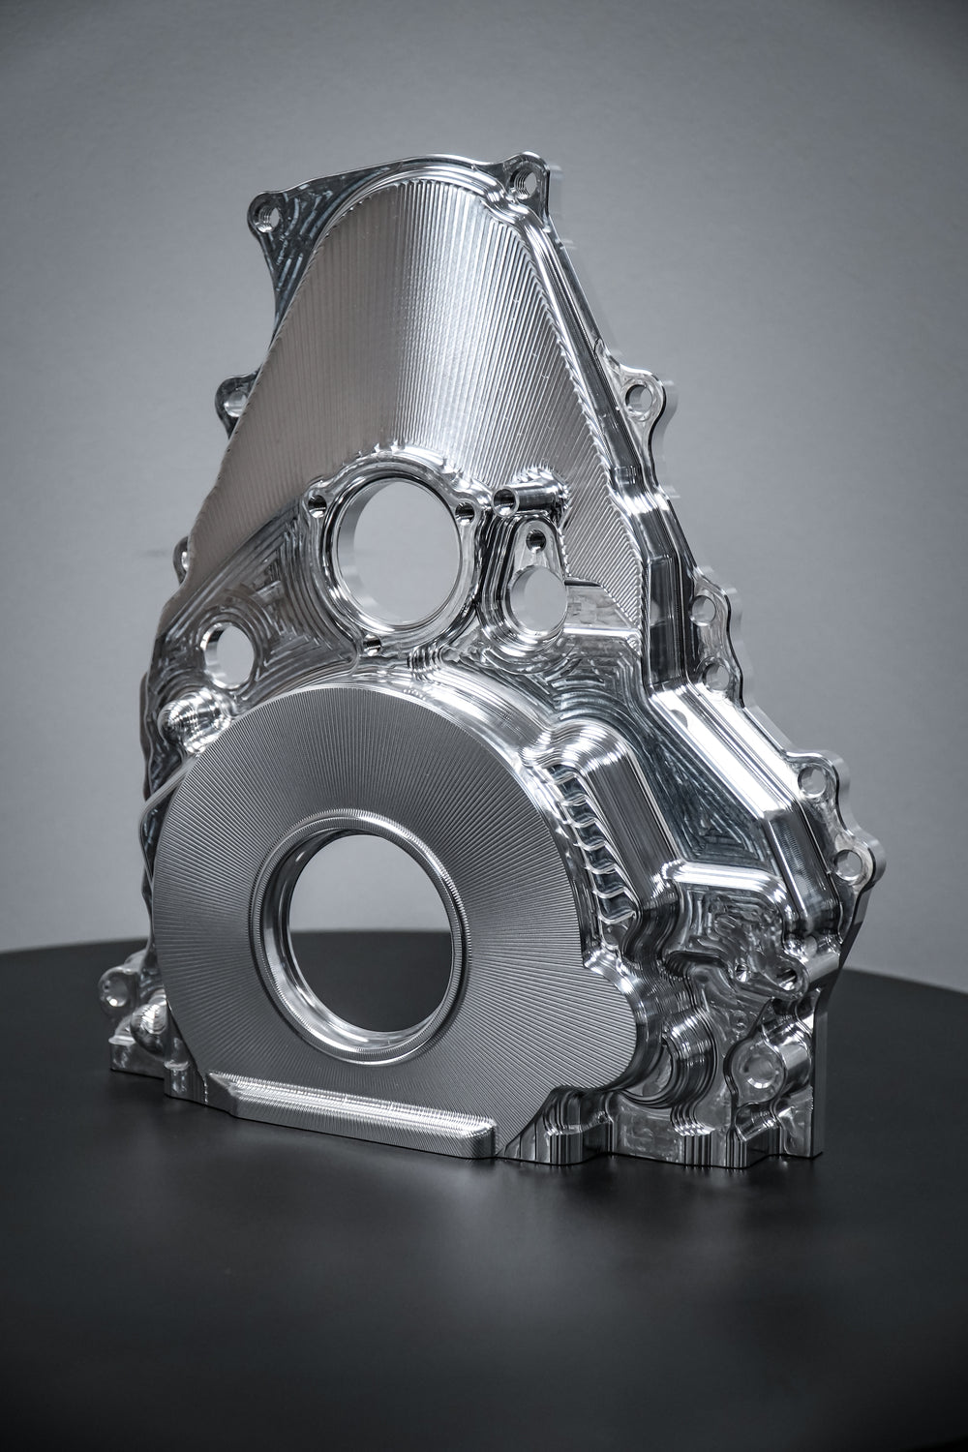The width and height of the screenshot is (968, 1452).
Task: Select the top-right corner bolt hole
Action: pyautogui.click(x=525, y=177)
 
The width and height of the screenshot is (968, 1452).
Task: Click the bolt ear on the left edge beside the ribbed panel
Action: pyautogui.click(x=235, y=397)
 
